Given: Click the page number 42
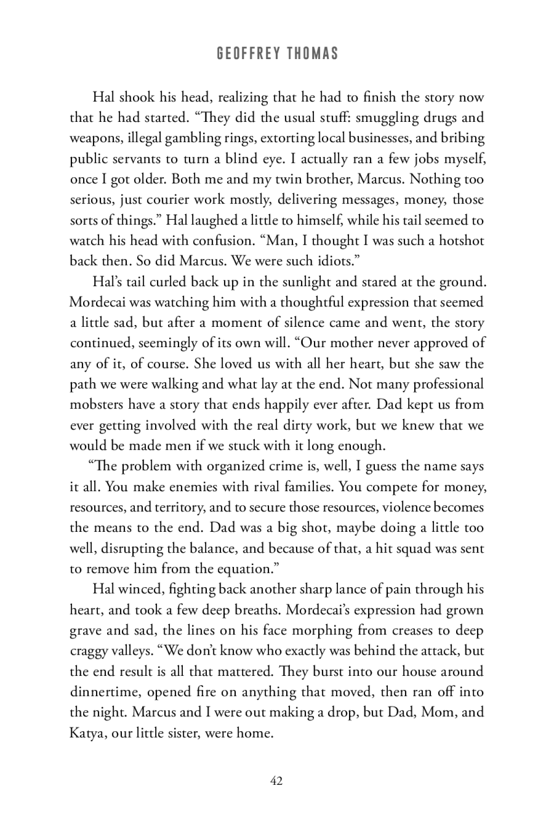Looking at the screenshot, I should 276,781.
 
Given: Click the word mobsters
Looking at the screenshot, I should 96,404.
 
